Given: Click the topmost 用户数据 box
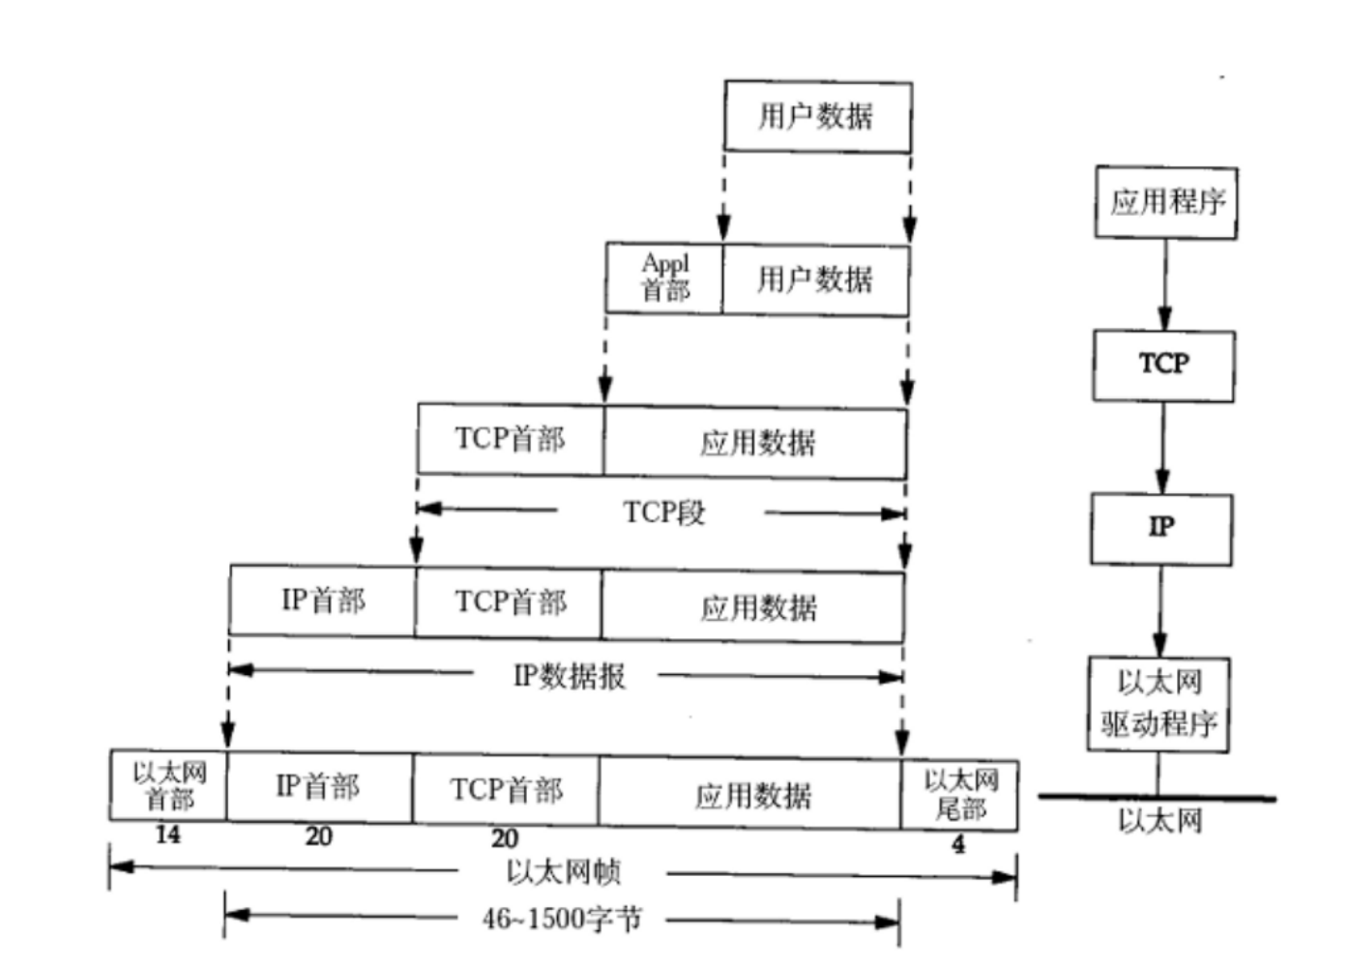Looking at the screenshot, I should [817, 117].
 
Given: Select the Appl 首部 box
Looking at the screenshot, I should [664, 278].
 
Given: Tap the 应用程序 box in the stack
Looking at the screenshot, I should [1166, 202].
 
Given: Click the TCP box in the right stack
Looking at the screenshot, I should [1163, 366].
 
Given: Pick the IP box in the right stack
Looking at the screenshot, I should [1161, 529].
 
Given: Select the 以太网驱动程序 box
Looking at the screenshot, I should [1158, 704].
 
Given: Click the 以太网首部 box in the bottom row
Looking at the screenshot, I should [168, 786].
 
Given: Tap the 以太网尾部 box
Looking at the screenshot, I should [959, 795].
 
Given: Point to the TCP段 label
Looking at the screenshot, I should [663, 512].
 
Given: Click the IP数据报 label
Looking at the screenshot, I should [569, 675].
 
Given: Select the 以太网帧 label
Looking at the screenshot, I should [563, 872].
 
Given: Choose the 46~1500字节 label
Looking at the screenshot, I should [562, 919].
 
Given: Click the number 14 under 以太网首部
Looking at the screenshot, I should [167, 835].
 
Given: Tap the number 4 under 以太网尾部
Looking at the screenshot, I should [957, 844].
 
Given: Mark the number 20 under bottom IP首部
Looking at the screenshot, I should [318, 836].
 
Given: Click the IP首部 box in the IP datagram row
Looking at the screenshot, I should [322, 601].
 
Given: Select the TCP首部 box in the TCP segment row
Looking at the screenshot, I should [510, 439].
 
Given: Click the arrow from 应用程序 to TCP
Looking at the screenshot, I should [1165, 285].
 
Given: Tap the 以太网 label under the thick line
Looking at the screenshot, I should [1159, 821].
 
